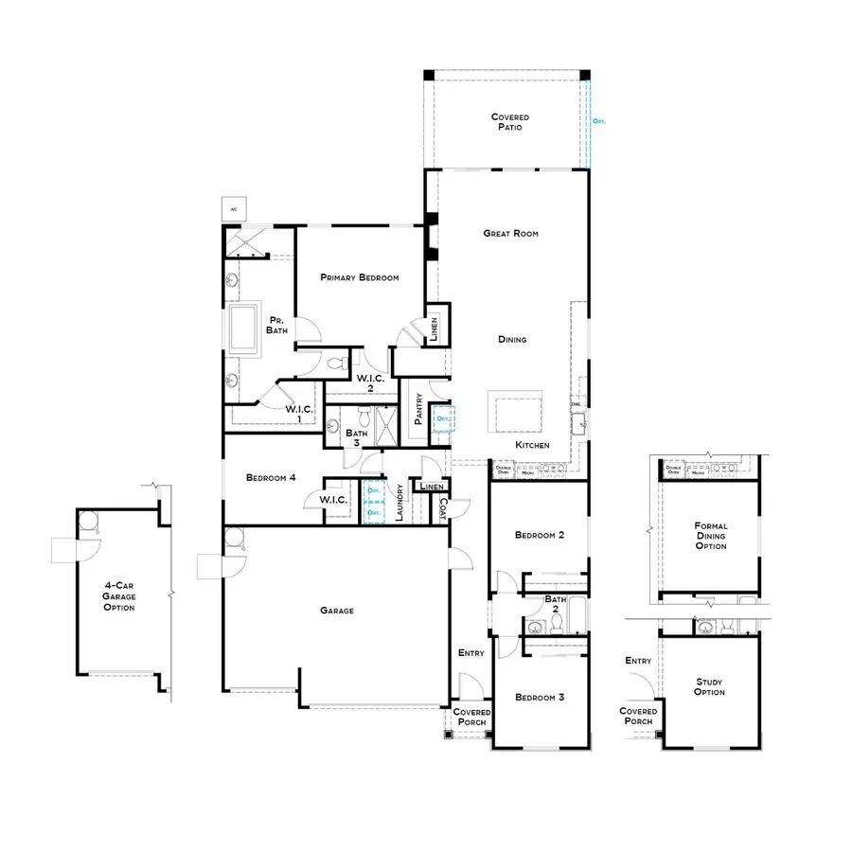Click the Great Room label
tap(510, 233)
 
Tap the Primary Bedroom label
tap(359, 277)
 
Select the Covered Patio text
tap(509, 121)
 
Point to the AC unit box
tap(232, 207)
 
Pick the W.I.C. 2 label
tap(368, 382)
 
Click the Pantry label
tap(417, 409)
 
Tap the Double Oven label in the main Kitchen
tap(503, 468)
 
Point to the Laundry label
tap(400, 501)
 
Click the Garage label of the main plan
tap(336, 611)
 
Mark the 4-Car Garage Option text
tap(119, 597)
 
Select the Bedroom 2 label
tap(539, 535)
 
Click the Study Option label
tap(709, 686)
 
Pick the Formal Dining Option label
tap(710, 536)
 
